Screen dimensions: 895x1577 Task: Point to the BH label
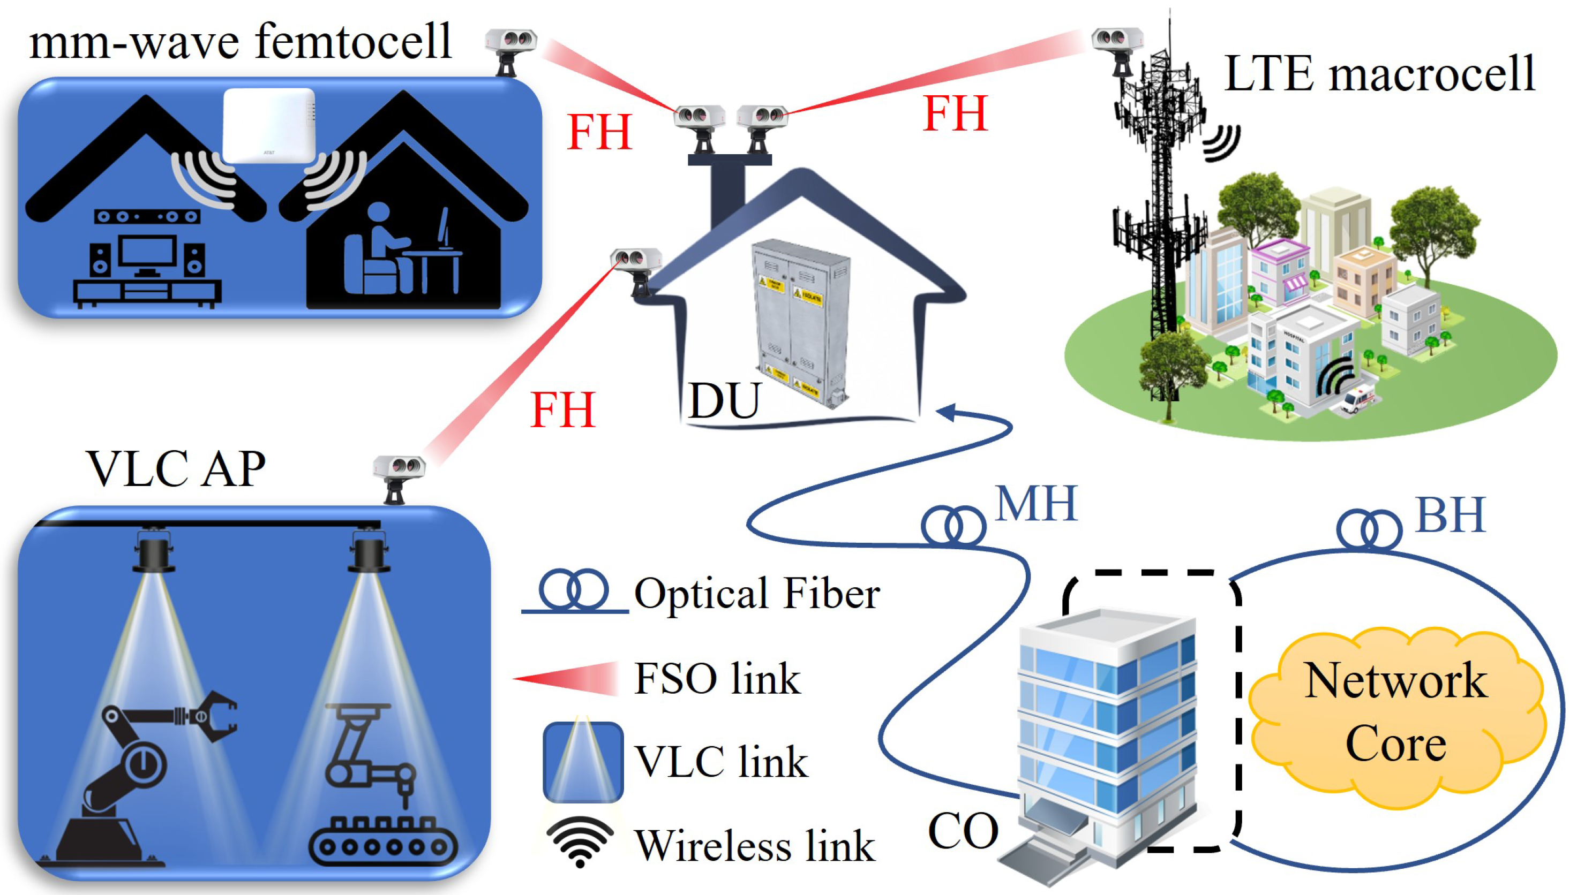tap(1450, 514)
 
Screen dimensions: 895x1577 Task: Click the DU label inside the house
tap(725, 401)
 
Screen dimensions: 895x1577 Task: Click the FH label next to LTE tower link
tap(955, 113)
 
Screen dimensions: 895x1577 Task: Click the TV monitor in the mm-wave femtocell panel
tap(148, 253)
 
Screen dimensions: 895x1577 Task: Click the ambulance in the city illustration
tap(1358, 399)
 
